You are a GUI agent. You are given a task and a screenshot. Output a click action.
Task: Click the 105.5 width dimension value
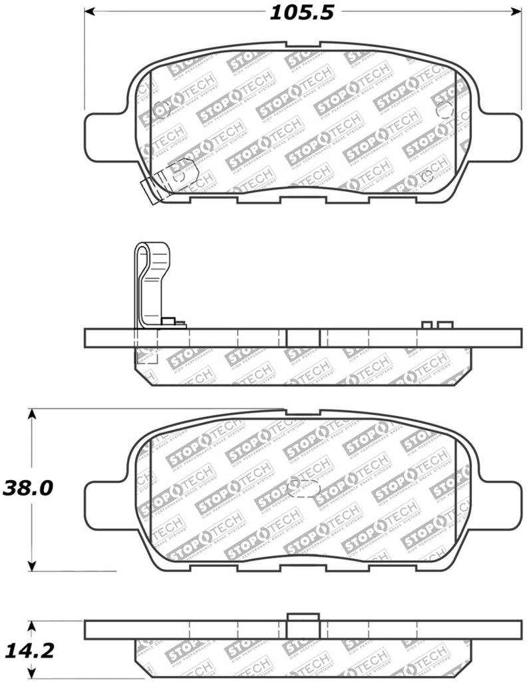coord(301,12)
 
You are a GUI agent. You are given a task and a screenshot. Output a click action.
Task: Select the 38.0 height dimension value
coord(27,488)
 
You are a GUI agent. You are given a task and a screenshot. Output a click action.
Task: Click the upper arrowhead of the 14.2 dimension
coord(31,625)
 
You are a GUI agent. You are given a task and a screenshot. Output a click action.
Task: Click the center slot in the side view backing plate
coord(303,338)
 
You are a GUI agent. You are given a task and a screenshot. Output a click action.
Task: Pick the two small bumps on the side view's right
coord(437,325)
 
